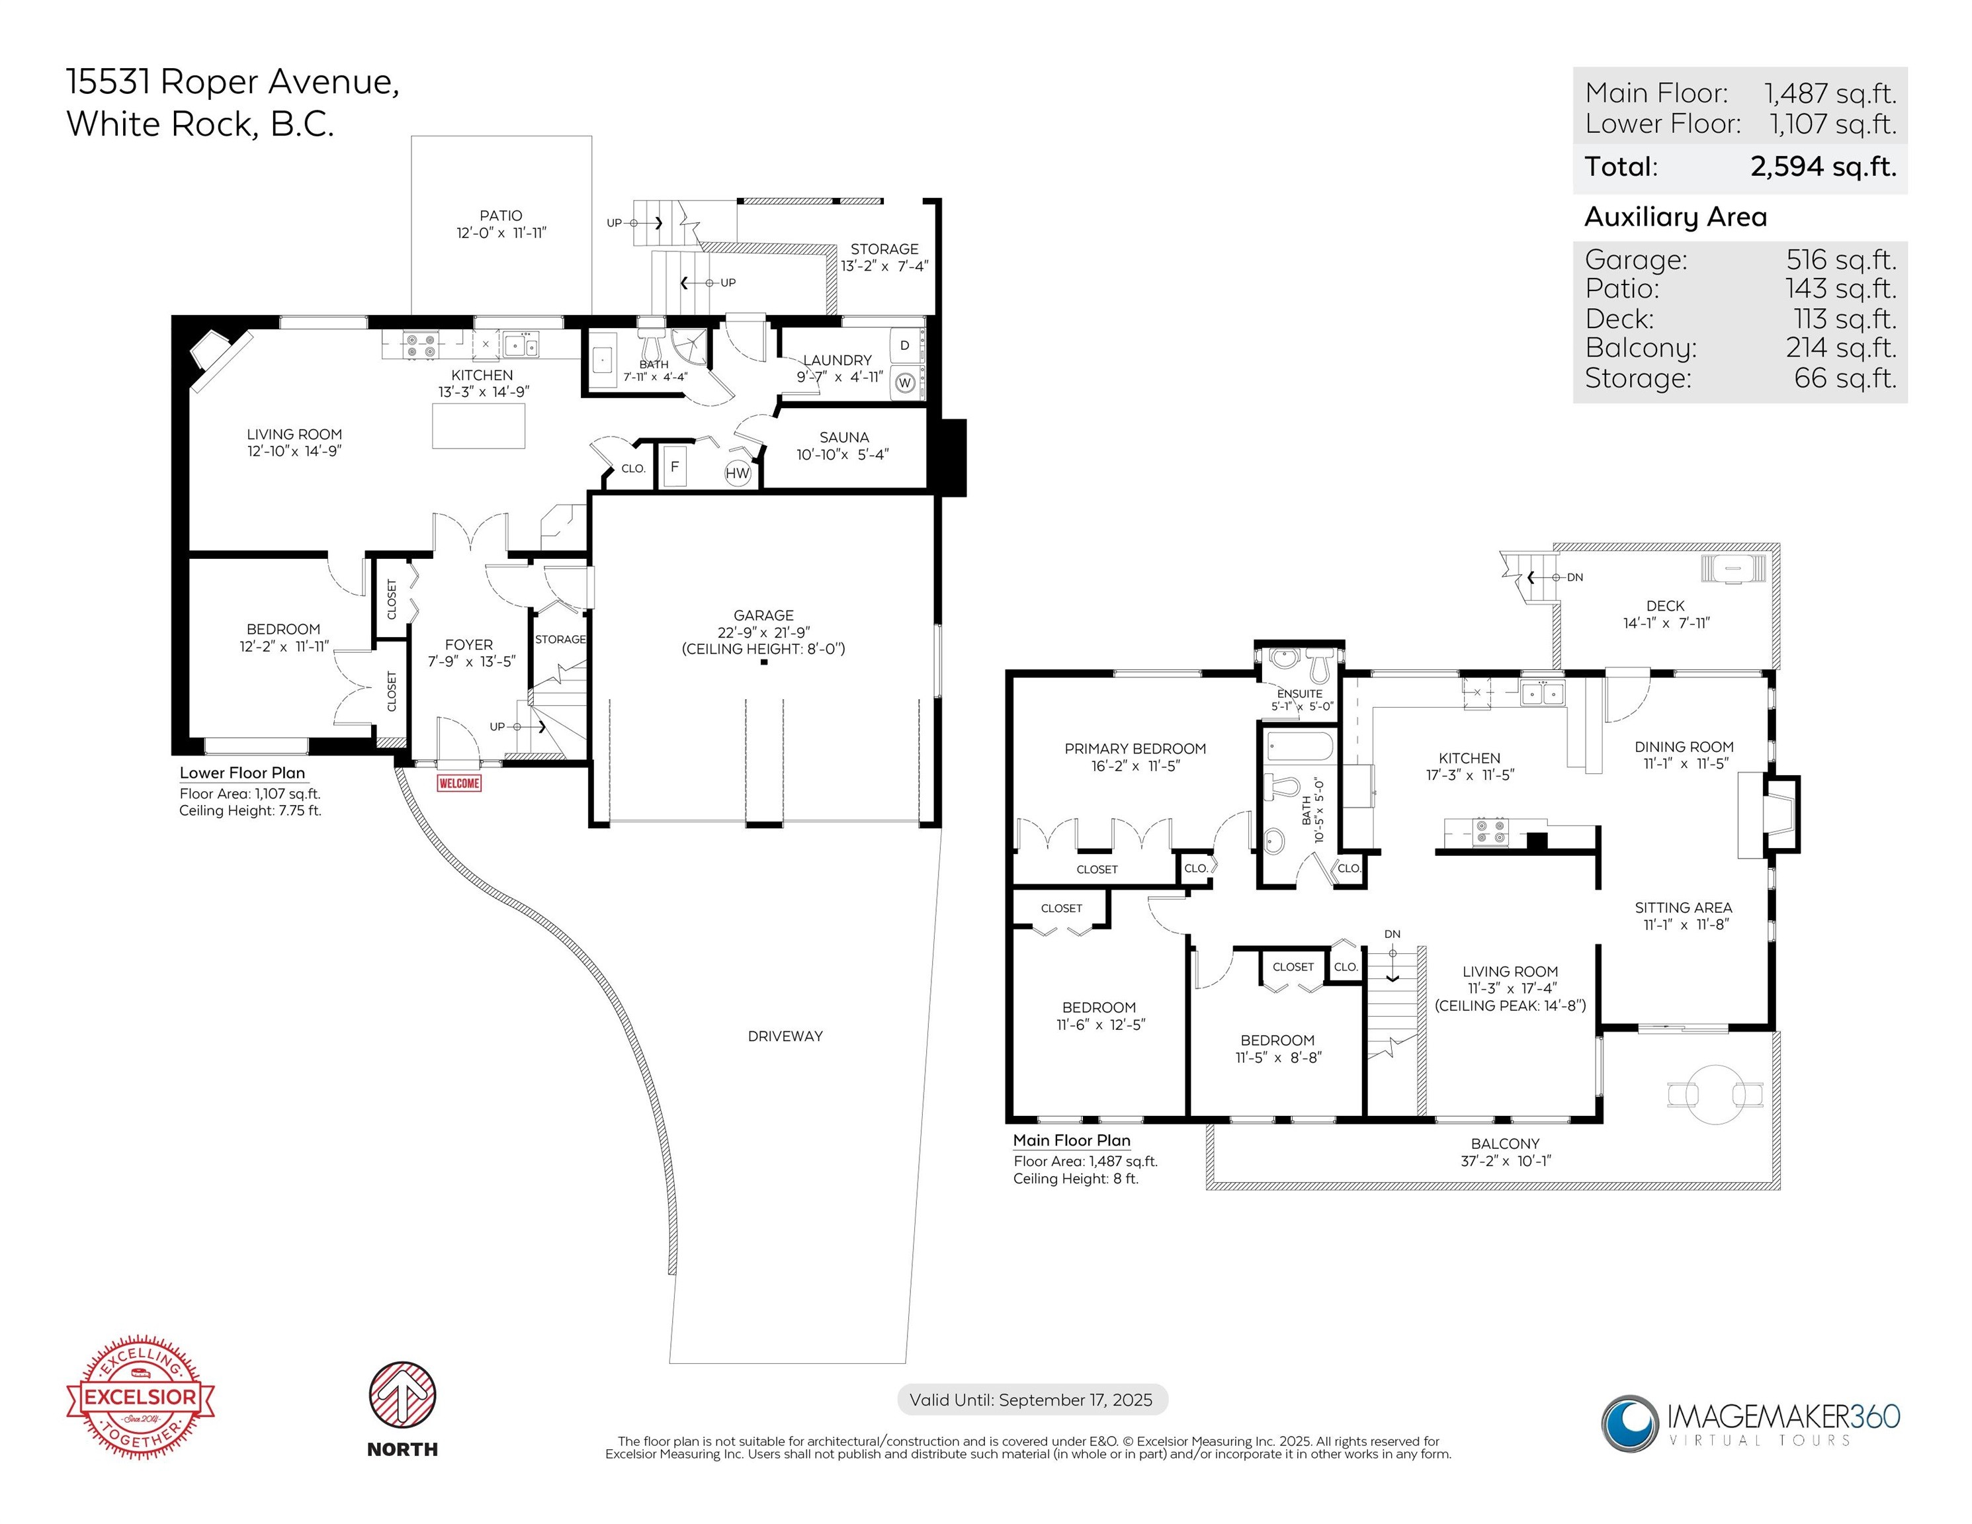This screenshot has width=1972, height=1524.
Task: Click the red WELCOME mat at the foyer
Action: click(458, 783)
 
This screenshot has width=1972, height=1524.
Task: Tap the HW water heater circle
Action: click(738, 473)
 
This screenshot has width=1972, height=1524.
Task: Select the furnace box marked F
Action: click(673, 467)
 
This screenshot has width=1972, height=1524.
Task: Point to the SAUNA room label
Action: click(843, 437)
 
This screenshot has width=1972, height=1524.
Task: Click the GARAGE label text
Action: click(763, 615)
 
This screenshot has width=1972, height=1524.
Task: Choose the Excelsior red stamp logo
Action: click(141, 1397)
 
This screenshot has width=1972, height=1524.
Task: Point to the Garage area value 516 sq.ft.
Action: click(1840, 260)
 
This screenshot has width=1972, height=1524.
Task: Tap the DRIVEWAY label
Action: click(785, 1037)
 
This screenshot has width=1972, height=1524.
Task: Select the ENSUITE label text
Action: click(1300, 693)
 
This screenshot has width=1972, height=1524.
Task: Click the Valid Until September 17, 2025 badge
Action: click(1031, 1400)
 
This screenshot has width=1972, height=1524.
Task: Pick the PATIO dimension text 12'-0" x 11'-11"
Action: click(501, 233)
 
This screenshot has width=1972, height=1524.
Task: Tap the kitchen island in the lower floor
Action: click(478, 425)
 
